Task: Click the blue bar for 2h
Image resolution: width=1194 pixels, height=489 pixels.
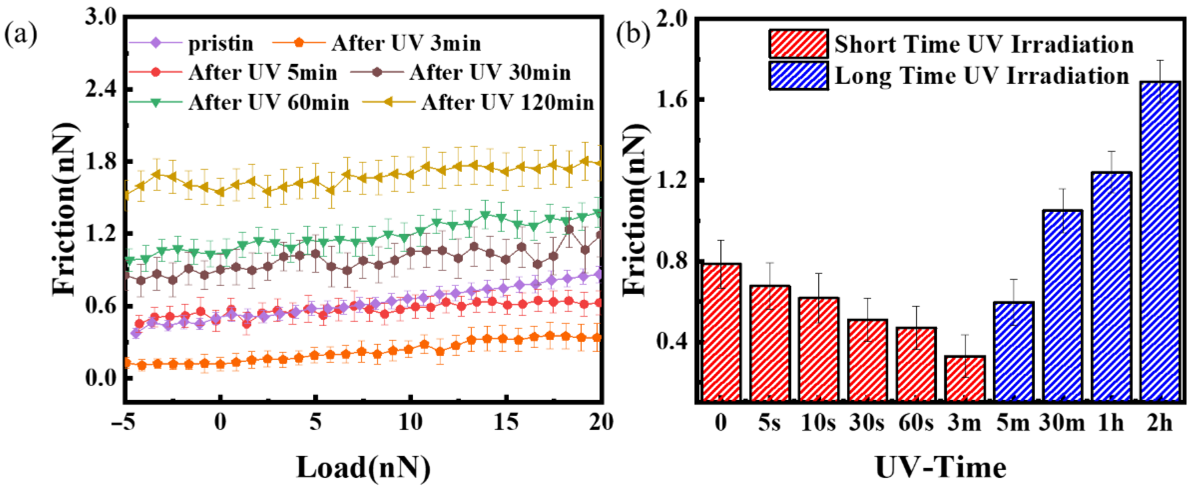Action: pos(1160,241)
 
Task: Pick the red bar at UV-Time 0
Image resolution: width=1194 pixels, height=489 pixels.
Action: pos(721,332)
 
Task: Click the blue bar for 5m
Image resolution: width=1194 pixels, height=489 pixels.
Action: pos(1014,351)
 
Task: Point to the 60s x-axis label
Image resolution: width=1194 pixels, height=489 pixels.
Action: pos(916,423)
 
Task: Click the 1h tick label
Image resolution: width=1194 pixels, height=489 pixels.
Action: pos(1111,423)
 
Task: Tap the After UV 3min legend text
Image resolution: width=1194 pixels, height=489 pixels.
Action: pos(406,44)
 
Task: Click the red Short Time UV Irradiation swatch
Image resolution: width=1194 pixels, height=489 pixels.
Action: pos(798,44)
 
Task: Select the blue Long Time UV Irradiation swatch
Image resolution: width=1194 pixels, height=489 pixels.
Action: pos(798,76)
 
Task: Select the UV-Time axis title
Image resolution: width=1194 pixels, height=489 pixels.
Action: pos(941,467)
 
